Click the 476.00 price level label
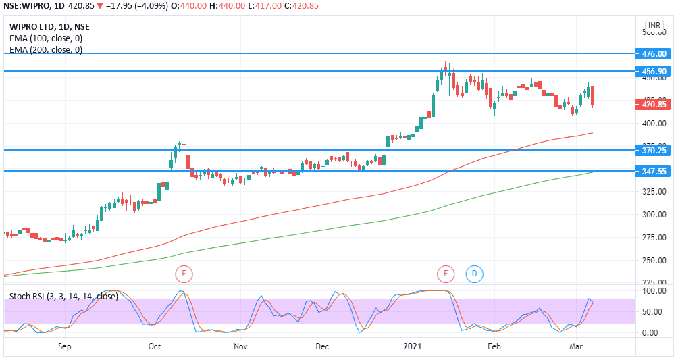pos(654,53)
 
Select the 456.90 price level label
pos(654,71)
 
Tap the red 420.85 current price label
pos(654,105)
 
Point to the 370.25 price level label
pos(654,150)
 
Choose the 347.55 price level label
pos(654,172)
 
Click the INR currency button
pos(654,26)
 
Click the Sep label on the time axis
pos(65,346)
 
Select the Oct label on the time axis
pos(155,346)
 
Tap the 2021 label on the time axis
pos(413,346)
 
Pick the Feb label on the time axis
pos(494,346)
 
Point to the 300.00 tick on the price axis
pos(653,215)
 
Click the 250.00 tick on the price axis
pos(653,261)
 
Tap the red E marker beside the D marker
pos(445,274)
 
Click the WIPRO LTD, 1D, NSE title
pos(49,27)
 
